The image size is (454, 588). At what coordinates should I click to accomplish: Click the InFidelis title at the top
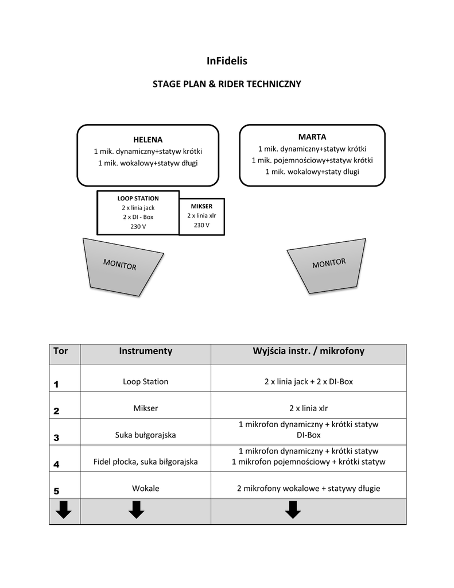[226, 60]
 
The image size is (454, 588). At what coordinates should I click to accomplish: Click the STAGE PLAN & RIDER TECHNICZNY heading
[226, 84]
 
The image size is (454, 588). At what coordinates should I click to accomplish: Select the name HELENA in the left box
[148, 140]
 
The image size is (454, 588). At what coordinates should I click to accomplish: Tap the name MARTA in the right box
[312, 137]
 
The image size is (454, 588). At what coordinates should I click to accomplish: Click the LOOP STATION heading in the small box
[138, 198]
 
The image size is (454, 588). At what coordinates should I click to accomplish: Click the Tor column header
[60, 351]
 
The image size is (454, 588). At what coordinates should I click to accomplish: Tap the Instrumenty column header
[145, 351]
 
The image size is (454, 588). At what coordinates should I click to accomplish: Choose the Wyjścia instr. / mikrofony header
[308, 351]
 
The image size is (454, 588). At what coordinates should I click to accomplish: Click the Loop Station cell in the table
[145, 381]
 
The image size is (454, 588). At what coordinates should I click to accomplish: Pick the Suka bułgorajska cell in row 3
[145, 435]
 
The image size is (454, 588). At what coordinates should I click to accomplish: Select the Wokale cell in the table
[145, 489]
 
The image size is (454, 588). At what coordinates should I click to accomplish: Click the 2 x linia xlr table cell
[308, 408]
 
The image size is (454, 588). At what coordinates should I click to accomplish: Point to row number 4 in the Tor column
[56, 464]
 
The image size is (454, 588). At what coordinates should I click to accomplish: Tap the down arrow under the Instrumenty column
[136, 509]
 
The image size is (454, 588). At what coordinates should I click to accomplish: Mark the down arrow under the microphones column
[293, 509]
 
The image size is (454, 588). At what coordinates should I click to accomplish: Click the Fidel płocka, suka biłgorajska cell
[145, 462]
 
